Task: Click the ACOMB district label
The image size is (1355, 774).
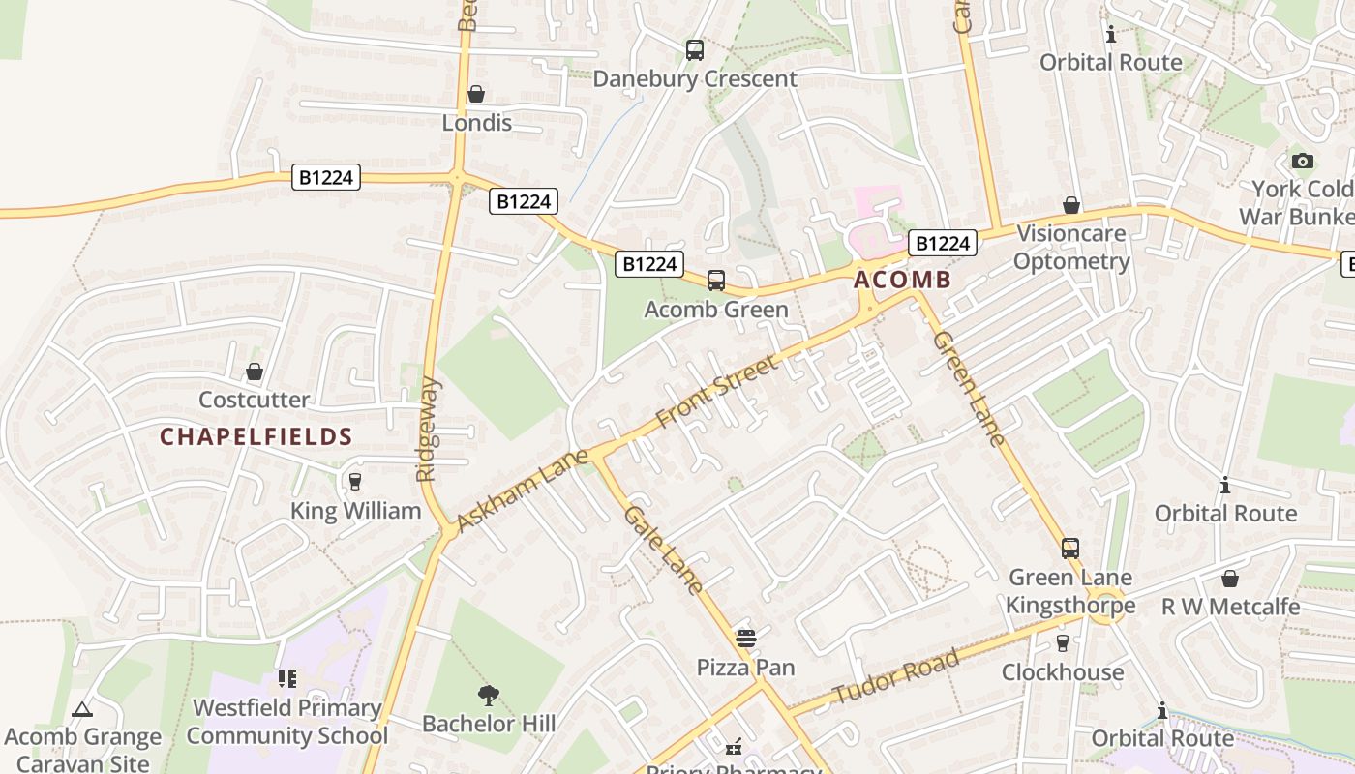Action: point(902,281)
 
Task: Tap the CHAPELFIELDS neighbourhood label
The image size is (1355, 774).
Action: point(256,437)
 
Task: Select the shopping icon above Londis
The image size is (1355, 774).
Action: point(476,94)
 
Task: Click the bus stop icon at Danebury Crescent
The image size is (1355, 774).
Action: point(694,50)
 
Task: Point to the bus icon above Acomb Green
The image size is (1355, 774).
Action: point(716,281)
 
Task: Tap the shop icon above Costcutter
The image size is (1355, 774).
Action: point(255,372)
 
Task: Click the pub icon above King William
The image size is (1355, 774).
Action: point(355,482)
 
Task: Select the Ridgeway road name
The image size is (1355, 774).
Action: point(428,430)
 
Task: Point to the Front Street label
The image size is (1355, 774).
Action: point(716,392)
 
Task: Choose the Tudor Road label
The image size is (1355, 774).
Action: point(896,678)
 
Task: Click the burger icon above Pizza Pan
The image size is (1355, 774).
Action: point(745,639)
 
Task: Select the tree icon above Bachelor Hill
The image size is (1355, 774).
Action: point(489,695)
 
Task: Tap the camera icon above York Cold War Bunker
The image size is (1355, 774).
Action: point(1303,161)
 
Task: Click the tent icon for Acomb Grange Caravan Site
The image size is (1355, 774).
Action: point(82,709)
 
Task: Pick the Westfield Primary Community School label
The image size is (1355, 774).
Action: point(286,722)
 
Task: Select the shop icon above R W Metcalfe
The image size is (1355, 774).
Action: point(1229,579)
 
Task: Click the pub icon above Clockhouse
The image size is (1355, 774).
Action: point(1063,643)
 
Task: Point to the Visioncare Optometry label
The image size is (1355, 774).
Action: point(1071,248)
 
